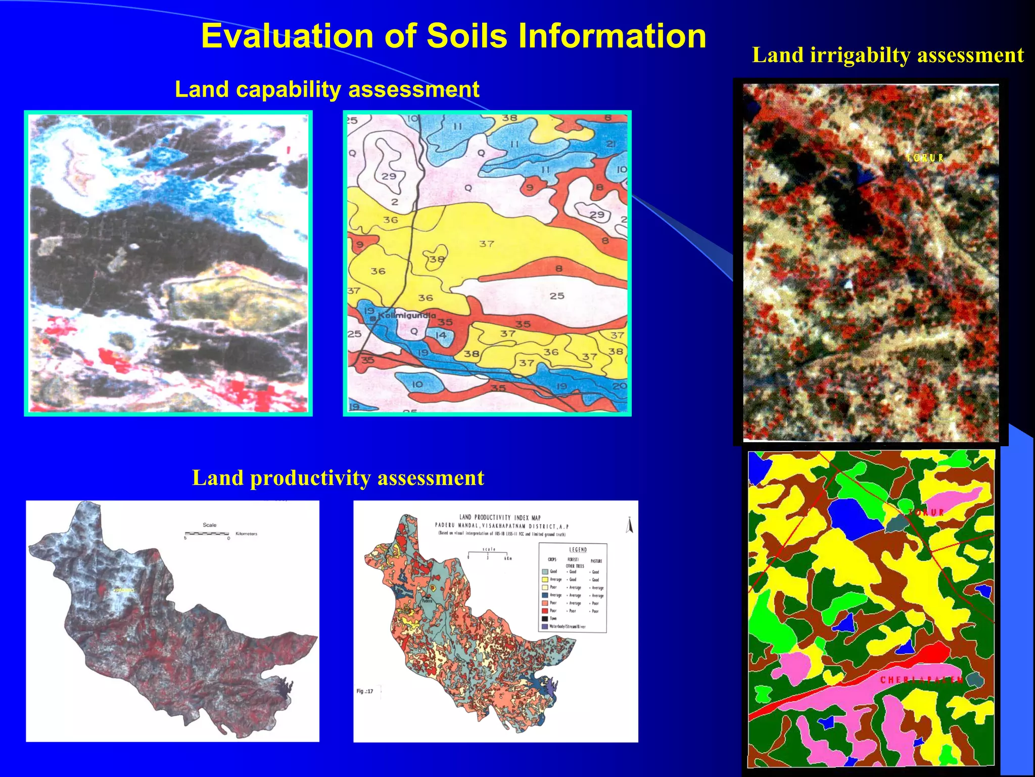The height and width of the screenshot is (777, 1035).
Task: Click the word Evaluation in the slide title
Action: click(x=288, y=36)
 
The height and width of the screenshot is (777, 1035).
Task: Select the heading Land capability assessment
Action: click(x=326, y=90)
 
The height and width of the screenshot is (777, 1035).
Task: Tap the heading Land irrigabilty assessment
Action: click(x=888, y=55)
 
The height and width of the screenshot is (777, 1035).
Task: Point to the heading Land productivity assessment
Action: click(x=338, y=478)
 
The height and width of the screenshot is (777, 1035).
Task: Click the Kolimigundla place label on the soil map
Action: click(x=407, y=316)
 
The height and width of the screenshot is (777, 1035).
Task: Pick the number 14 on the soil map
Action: click(x=441, y=335)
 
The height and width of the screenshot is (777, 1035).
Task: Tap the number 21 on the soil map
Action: click(x=610, y=144)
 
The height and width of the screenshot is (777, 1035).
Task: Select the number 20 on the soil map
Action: click(x=619, y=386)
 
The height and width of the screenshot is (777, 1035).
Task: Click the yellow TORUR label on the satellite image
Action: click(x=924, y=158)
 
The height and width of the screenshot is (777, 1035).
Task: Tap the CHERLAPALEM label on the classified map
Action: click(x=921, y=680)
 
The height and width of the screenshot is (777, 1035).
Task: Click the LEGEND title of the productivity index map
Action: click(x=578, y=549)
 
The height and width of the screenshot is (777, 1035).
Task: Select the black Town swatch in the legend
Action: click(x=545, y=618)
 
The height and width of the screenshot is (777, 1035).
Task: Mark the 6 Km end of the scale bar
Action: click(x=507, y=558)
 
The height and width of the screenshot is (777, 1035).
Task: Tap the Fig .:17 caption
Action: click(x=364, y=691)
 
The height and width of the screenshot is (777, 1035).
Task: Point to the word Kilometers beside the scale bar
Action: click(x=246, y=534)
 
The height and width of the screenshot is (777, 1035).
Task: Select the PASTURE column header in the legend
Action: click(x=596, y=561)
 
